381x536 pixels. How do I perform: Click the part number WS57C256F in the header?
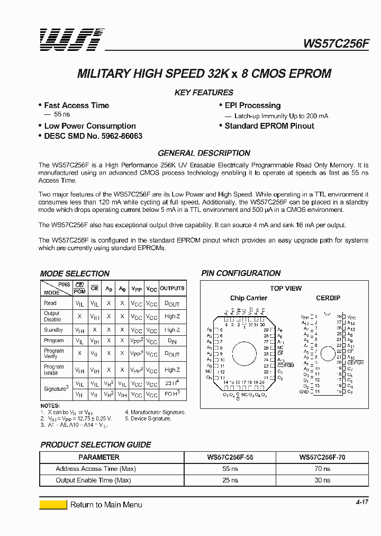coord(335,43)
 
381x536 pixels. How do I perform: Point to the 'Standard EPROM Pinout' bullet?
coord(269,126)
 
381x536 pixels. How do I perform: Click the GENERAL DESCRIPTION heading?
coord(204,153)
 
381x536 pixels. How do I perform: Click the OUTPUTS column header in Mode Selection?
coord(173,289)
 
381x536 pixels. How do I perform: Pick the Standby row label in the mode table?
coord(53,330)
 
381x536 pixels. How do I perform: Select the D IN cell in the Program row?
coord(173,342)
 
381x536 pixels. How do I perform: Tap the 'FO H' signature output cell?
coord(173,395)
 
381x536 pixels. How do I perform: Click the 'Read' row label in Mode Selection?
coord(50,303)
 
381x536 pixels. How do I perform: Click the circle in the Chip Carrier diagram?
coord(244,354)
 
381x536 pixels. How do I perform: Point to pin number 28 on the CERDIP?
coord(339,316)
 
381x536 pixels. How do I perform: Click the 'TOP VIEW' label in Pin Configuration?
coord(286,289)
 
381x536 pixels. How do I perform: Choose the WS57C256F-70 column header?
coord(322,457)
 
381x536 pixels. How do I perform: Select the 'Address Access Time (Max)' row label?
coord(96,469)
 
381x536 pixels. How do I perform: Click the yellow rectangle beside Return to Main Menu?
coord(53,505)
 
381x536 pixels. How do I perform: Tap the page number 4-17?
coord(361,502)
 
